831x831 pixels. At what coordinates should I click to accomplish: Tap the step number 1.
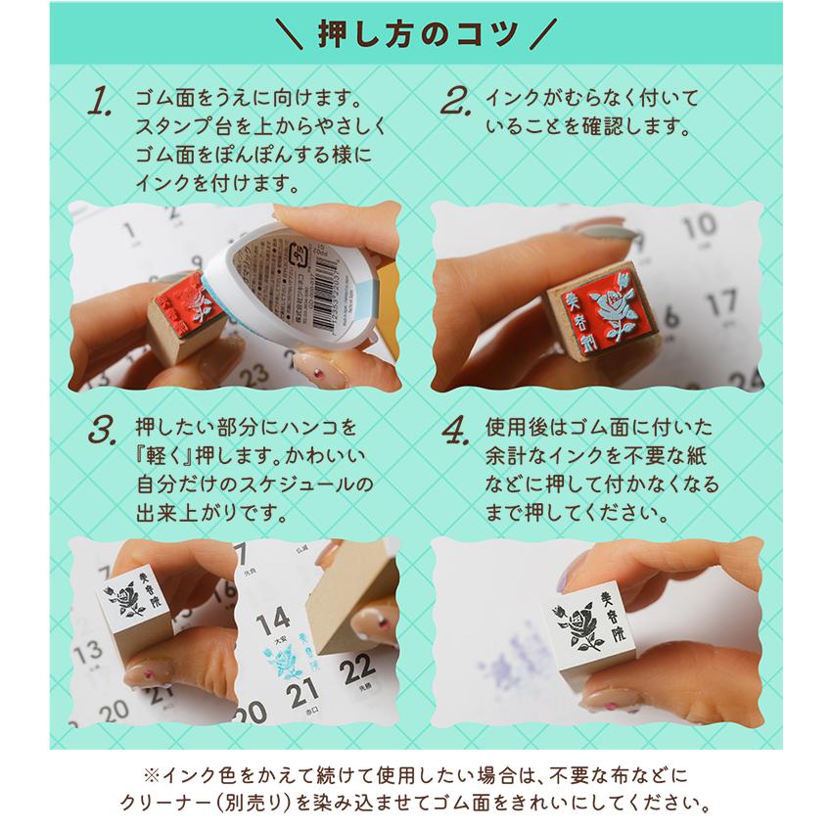[101, 103]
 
